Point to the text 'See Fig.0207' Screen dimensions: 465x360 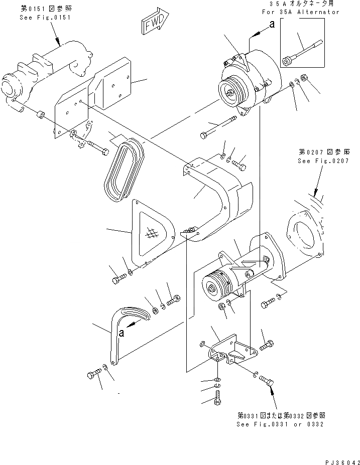click(322, 161)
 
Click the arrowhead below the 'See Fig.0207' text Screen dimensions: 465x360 click(315, 193)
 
